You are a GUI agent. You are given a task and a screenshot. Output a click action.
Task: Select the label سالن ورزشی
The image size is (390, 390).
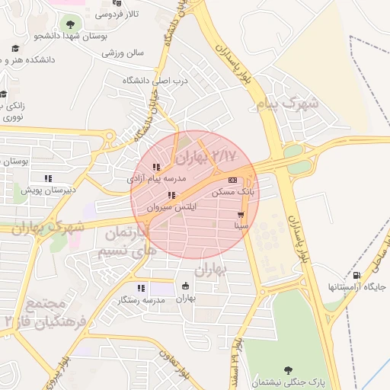pos(123,53)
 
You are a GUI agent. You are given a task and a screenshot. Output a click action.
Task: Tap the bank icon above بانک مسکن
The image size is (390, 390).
pos(232,181)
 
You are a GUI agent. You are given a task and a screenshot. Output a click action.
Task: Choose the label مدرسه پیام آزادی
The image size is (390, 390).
pos(156,180)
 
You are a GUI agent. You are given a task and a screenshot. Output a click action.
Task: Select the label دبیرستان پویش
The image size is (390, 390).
pos(48,190)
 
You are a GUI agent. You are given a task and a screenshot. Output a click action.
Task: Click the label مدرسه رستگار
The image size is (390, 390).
pos(140,300)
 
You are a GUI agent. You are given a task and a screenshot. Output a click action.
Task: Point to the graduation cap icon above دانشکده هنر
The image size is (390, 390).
pos(14,49)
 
